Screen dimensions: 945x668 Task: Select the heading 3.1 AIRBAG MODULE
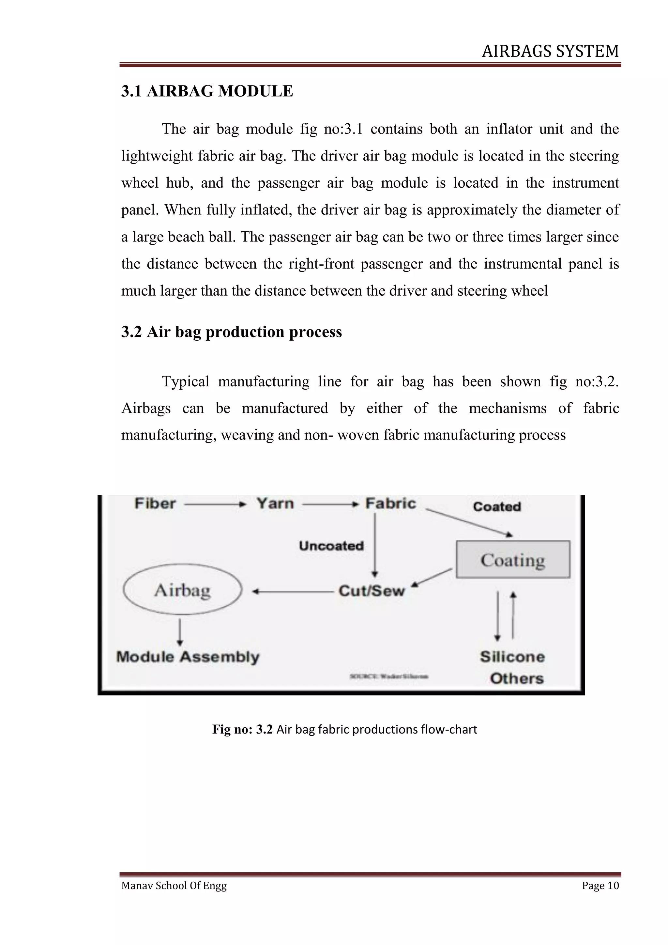[207, 91]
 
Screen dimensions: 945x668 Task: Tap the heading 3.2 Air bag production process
[231, 332]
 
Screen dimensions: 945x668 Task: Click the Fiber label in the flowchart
[155, 503]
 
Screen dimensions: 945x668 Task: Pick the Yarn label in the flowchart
[275, 503]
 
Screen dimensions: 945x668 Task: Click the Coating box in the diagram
[513, 560]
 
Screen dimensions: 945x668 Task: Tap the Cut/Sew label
[372, 591]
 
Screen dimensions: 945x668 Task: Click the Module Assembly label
[188, 657]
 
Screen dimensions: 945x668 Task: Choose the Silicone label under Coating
[512, 657]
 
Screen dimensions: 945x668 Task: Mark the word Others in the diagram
[517, 678]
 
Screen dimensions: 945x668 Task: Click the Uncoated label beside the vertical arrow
[331, 546]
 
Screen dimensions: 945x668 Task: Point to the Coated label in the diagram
[497, 507]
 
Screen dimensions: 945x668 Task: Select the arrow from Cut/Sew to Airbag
[293, 592]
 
